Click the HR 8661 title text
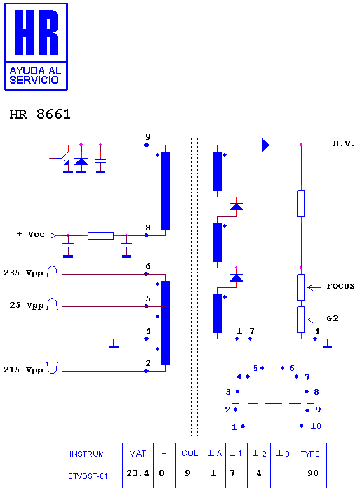pos(40,114)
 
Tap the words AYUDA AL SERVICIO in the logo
pos(35,75)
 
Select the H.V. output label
pos(343,144)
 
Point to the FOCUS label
pos(340,286)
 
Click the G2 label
pos(333,318)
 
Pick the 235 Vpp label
pos(23,273)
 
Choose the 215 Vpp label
pos(23,370)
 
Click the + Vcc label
pos(30,234)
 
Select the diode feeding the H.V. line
pos(265,145)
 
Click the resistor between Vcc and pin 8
pos(100,236)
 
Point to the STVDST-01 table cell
pos(88,476)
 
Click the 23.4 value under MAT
pos(138,473)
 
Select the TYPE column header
pos(310,454)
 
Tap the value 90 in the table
pos(312,473)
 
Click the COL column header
pos(190,453)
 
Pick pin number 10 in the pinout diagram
pos(316,426)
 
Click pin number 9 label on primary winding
pos(148,137)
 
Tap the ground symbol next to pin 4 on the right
pos(327,346)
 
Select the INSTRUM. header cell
pos(88,454)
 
